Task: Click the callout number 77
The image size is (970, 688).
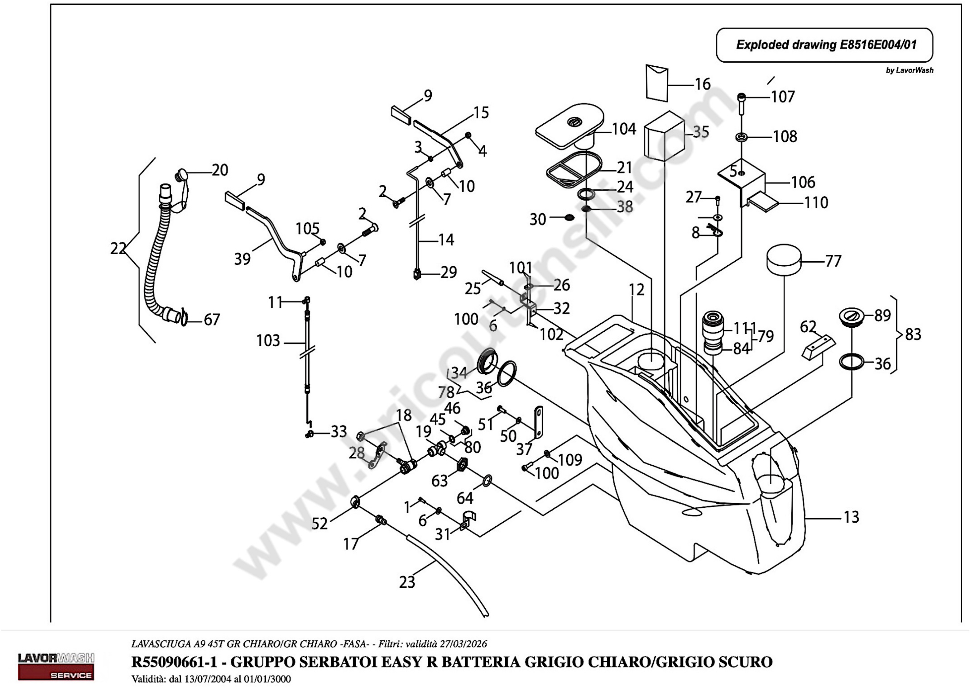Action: point(833,261)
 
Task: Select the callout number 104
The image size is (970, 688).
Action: point(624,129)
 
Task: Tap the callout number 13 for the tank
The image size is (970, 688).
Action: point(851,517)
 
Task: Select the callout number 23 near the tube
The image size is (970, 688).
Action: point(407,582)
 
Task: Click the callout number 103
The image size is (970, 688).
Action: point(268,341)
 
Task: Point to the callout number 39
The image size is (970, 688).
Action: point(242,259)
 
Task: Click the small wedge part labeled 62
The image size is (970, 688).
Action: point(818,347)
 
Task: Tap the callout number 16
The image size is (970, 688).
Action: point(703,84)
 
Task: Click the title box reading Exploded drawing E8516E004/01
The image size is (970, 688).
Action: point(824,45)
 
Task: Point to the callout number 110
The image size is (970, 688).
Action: point(816,203)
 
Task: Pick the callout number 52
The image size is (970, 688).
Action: point(320,524)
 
